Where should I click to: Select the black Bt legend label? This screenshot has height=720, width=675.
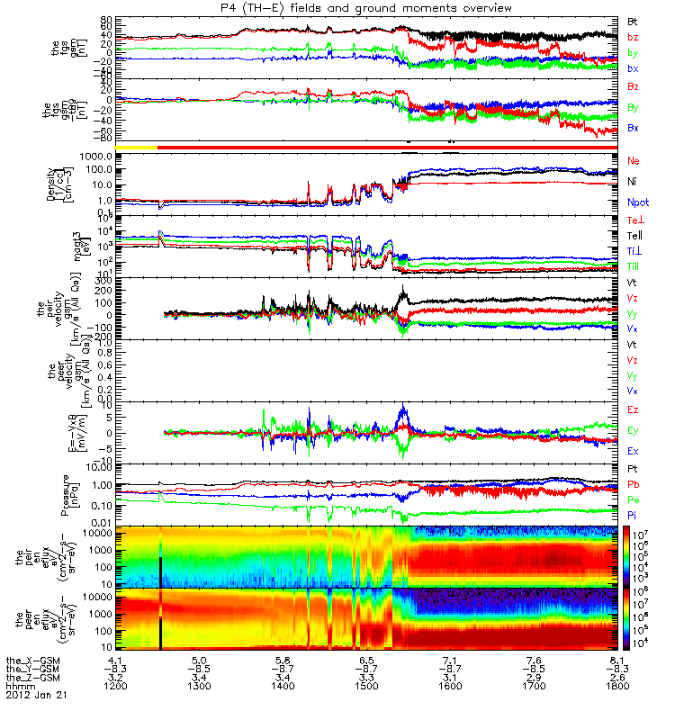tap(633, 20)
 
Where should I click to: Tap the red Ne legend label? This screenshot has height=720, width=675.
tap(633, 160)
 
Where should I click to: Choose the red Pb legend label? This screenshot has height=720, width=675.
tap(633, 485)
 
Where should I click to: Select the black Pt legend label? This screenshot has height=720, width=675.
tap(633, 470)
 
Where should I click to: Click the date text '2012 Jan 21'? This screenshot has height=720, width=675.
tap(35, 695)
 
